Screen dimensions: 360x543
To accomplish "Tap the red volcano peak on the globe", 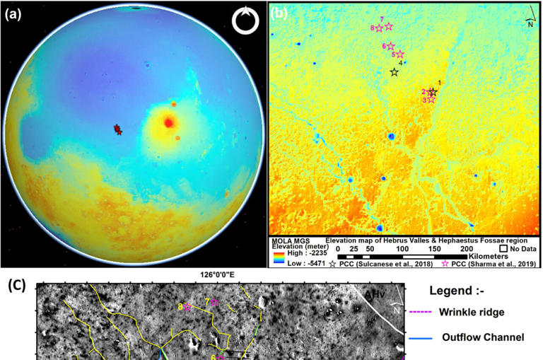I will click(x=168, y=122).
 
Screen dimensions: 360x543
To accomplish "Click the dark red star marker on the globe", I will click(x=117, y=129).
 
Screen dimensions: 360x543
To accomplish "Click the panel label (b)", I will click(x=279, y=13).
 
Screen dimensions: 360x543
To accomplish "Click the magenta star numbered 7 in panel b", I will click(x=388, y=26).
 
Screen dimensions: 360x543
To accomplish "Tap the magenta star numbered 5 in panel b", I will click(x=400, y=54).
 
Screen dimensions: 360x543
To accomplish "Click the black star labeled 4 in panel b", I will click(x=395, y=72).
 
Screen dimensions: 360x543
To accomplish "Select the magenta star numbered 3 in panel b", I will click(x=431, y=100).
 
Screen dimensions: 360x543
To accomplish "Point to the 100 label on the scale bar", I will click(x=402, y=248).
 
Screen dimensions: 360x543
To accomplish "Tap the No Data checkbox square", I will click(x=503, y=248).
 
